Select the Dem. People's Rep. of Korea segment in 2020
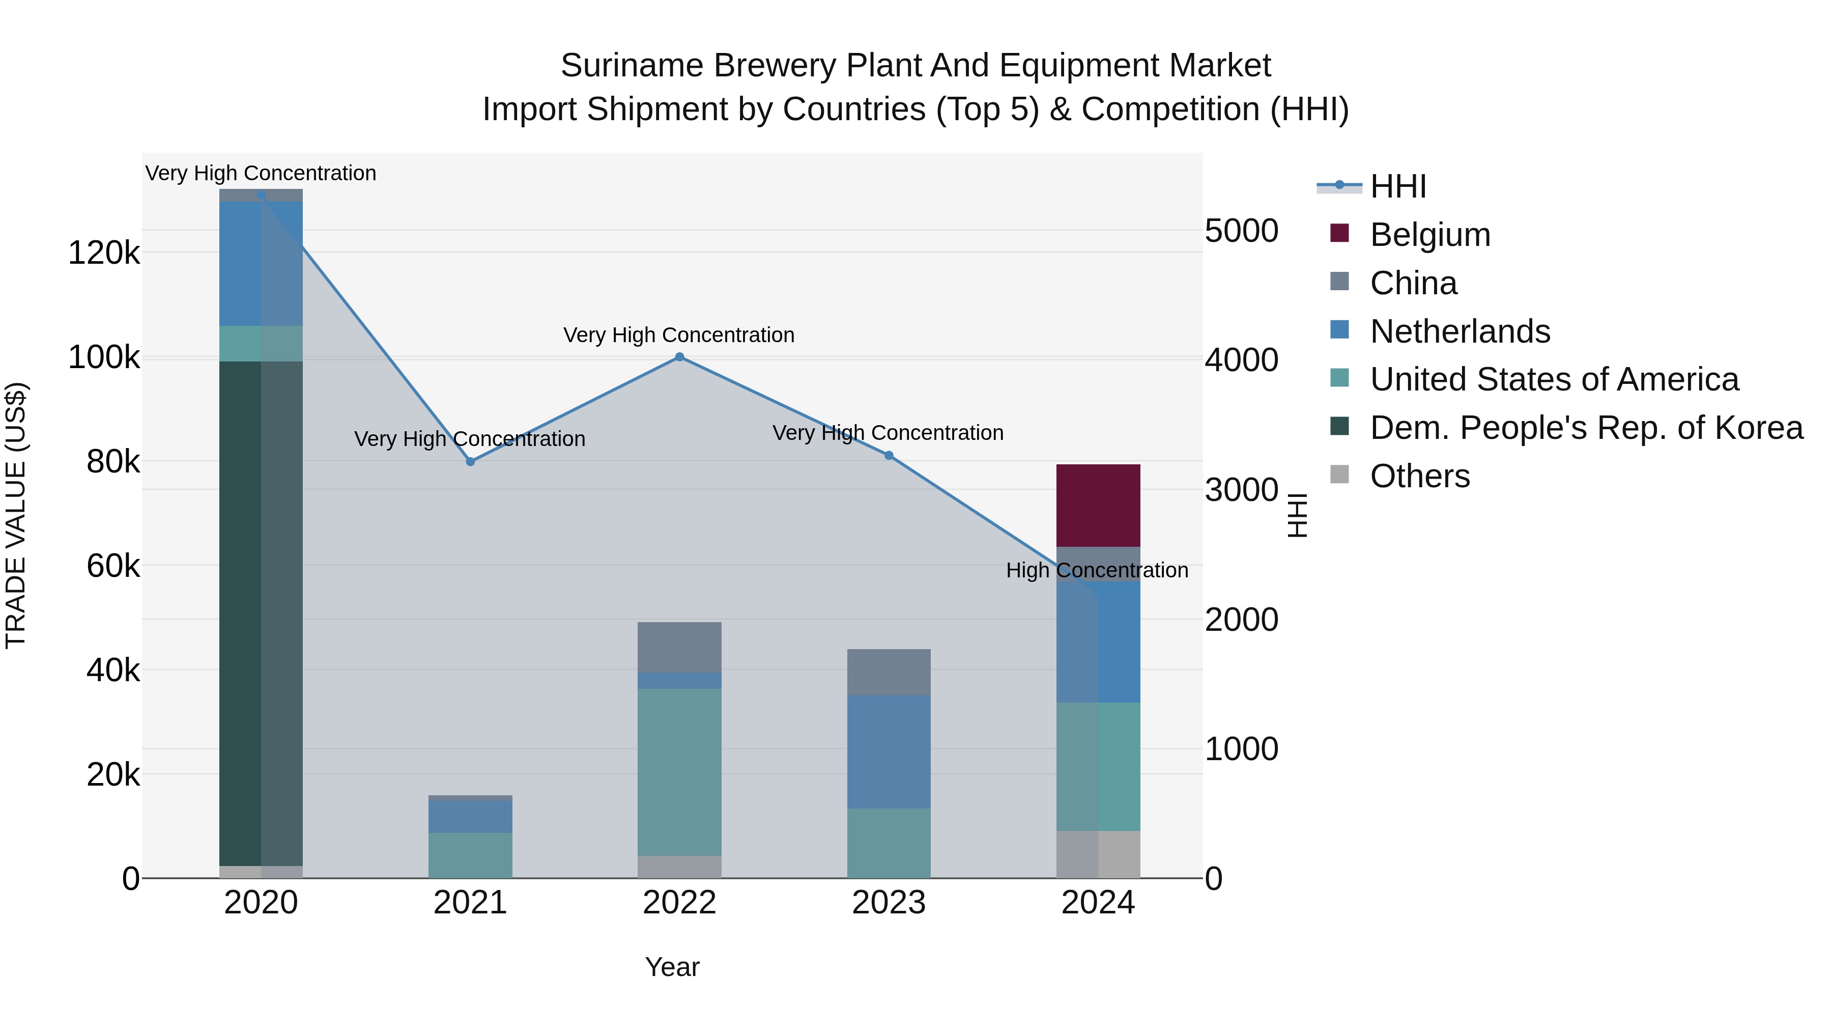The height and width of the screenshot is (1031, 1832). pyautogui.click(x=260, y=612)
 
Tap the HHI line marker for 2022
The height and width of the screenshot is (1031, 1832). pyautogui.click(x=679, y=357)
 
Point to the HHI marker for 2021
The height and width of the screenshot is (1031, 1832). pyautogui.click(x=470, y=462)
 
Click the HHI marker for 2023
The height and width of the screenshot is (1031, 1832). pyautogui.click(x=888, y=455)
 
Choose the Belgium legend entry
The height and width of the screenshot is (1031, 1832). pyautogui.click(x=1429, y=235)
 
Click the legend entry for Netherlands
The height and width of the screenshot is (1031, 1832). pyautogui.click(x=1459, y=331)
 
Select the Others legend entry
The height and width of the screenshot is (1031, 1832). pyautogui.click(x=1419, y=476)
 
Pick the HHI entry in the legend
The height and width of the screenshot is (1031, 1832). pyautogui.click(x=1397, y=186)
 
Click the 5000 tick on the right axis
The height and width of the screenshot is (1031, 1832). pyautogui.click(x=1242, y=231)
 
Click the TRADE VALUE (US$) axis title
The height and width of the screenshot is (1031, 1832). pyautogui.click(x=16, y=515)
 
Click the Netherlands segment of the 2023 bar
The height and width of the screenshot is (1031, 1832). pyautogui.click(x=888, y=751)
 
